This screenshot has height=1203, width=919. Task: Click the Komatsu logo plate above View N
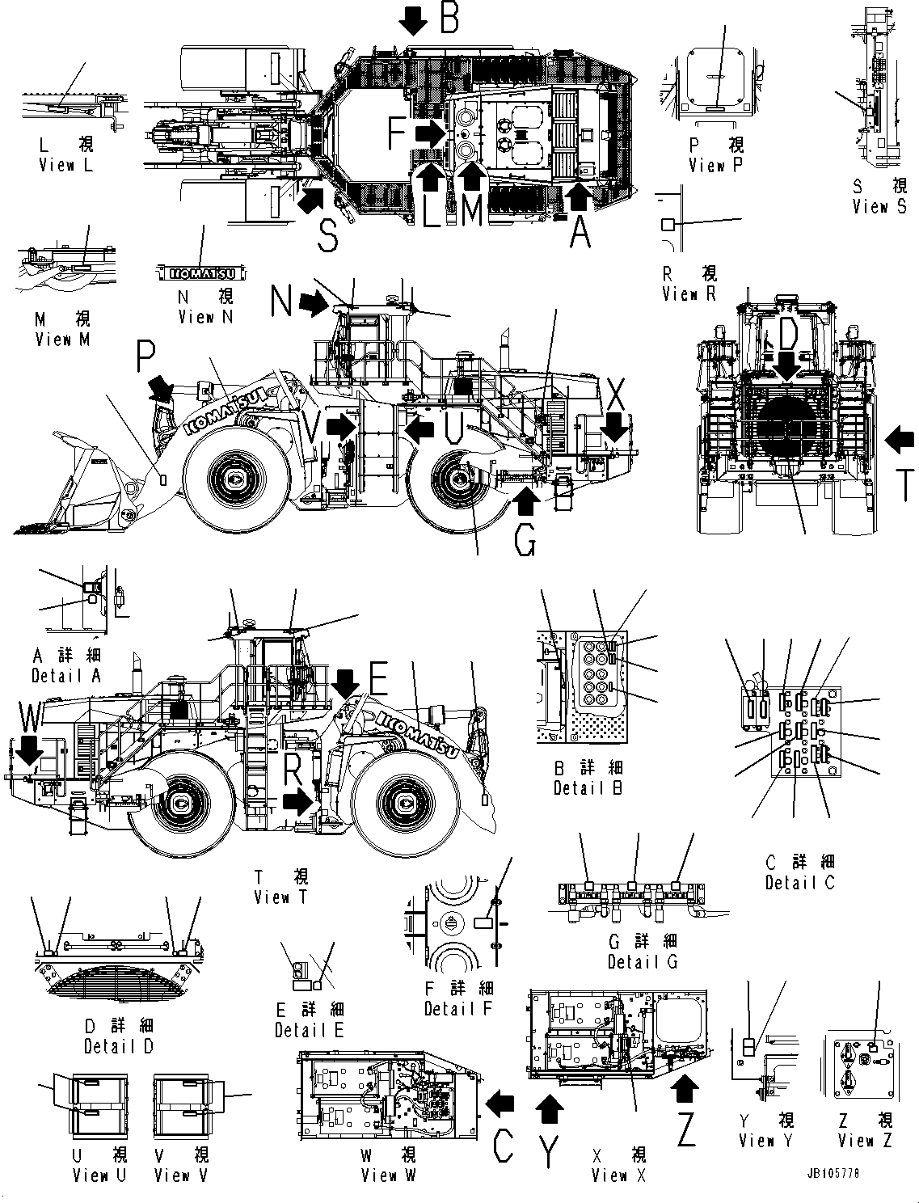click(x=203, y=272)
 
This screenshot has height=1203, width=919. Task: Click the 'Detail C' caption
click(x=799, y=883)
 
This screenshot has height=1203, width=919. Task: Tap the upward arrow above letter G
click(x=526, y=504)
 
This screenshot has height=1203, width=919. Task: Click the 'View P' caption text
click(x=717, y=166)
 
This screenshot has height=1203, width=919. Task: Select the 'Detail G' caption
click(x=643, y=962)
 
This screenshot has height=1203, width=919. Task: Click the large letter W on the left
click(x=30, y=717)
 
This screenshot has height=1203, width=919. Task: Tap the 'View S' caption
click(x=879, y=207)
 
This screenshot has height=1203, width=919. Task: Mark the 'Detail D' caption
click(x=119, y=1046)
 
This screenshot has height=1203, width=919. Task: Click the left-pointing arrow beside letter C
click(x=501, y=1101)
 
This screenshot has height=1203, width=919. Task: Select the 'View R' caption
click(x=689, y=295)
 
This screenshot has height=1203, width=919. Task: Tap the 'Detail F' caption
click(x=458, y=1009)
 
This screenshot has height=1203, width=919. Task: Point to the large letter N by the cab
click(x=281, y=302)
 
